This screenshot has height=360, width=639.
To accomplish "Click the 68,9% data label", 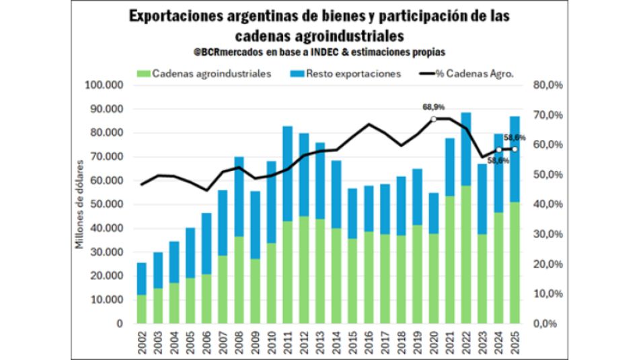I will tap(434, 107).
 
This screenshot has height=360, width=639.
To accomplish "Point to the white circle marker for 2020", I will tap(434, 118).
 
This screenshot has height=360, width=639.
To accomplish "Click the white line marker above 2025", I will tap(515, 149).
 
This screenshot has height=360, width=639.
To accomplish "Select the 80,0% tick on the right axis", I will tap(546, 85).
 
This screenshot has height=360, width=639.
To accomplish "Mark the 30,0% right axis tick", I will tap(546, 234).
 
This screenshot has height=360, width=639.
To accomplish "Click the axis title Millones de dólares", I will tap(79, 205).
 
